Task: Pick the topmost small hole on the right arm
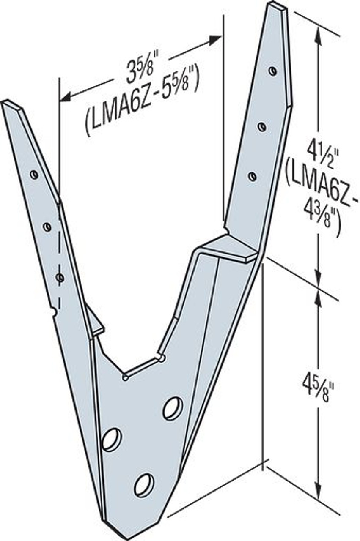click(272, 71)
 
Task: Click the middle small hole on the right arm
click(262, 126)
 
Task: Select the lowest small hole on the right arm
click(252, 176)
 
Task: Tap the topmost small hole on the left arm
click(34, 174)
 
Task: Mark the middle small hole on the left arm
click(47, 227)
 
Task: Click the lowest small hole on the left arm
click(60, 278)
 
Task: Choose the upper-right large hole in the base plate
click(173, 409)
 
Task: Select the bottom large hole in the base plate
click(144, 485)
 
